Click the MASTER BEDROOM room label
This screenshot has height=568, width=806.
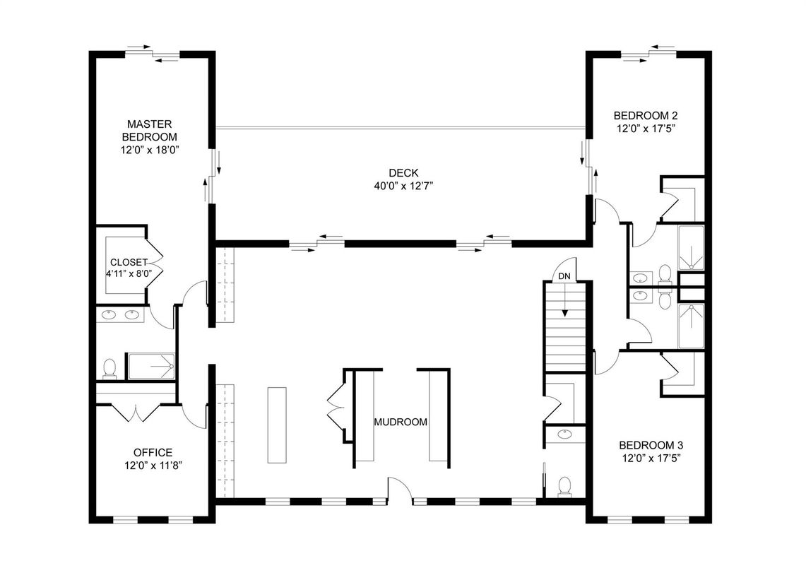pos(149,130)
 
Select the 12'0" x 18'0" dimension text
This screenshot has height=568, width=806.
pos(149,150)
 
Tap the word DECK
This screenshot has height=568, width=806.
pos(403,172)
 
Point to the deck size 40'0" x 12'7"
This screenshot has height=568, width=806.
pos(403,186)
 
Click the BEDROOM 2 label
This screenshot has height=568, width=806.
pos(646,115)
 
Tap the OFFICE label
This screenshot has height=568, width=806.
pos(153,452)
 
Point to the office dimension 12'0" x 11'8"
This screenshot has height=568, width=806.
pos(153,465)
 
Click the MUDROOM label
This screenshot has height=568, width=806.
pos(401,422)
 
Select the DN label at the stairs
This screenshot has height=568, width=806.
pos(564,276)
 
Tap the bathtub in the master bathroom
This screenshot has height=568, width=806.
pos(150,366)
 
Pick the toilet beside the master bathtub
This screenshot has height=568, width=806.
pos(109,367)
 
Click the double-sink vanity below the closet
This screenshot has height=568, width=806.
pos(121,315)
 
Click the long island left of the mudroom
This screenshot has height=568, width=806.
pos(278,424)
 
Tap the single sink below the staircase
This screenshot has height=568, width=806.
pos(564,434)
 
